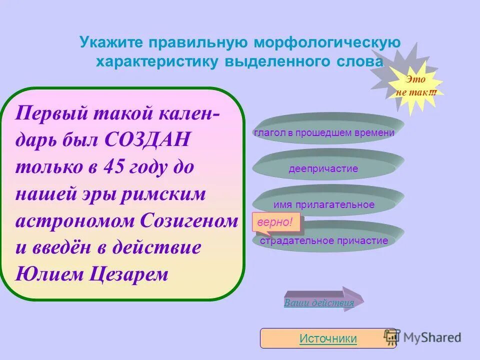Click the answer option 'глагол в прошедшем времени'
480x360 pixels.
(324, 132)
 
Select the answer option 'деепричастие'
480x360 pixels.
(323, 168)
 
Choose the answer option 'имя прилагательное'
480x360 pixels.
(324, 204)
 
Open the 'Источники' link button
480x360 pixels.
(328, 338)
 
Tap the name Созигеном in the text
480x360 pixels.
(189, 221)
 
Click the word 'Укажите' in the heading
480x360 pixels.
(111, 42)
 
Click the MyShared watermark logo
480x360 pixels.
(422, 337)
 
